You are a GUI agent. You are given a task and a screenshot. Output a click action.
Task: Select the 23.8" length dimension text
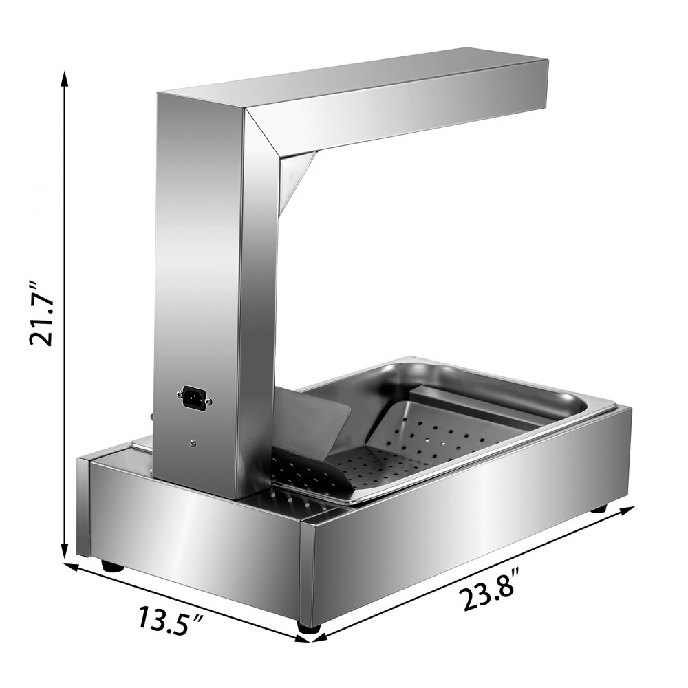tap(492, 590)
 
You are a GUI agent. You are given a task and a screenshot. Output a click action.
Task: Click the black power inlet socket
tap(193, 396)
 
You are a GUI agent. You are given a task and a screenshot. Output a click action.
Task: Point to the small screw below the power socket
tap(193, 444)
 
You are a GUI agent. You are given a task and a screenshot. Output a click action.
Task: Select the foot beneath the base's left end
tap(111, 566)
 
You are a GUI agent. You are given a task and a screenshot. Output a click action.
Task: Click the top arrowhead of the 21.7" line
tap(65, 76)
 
